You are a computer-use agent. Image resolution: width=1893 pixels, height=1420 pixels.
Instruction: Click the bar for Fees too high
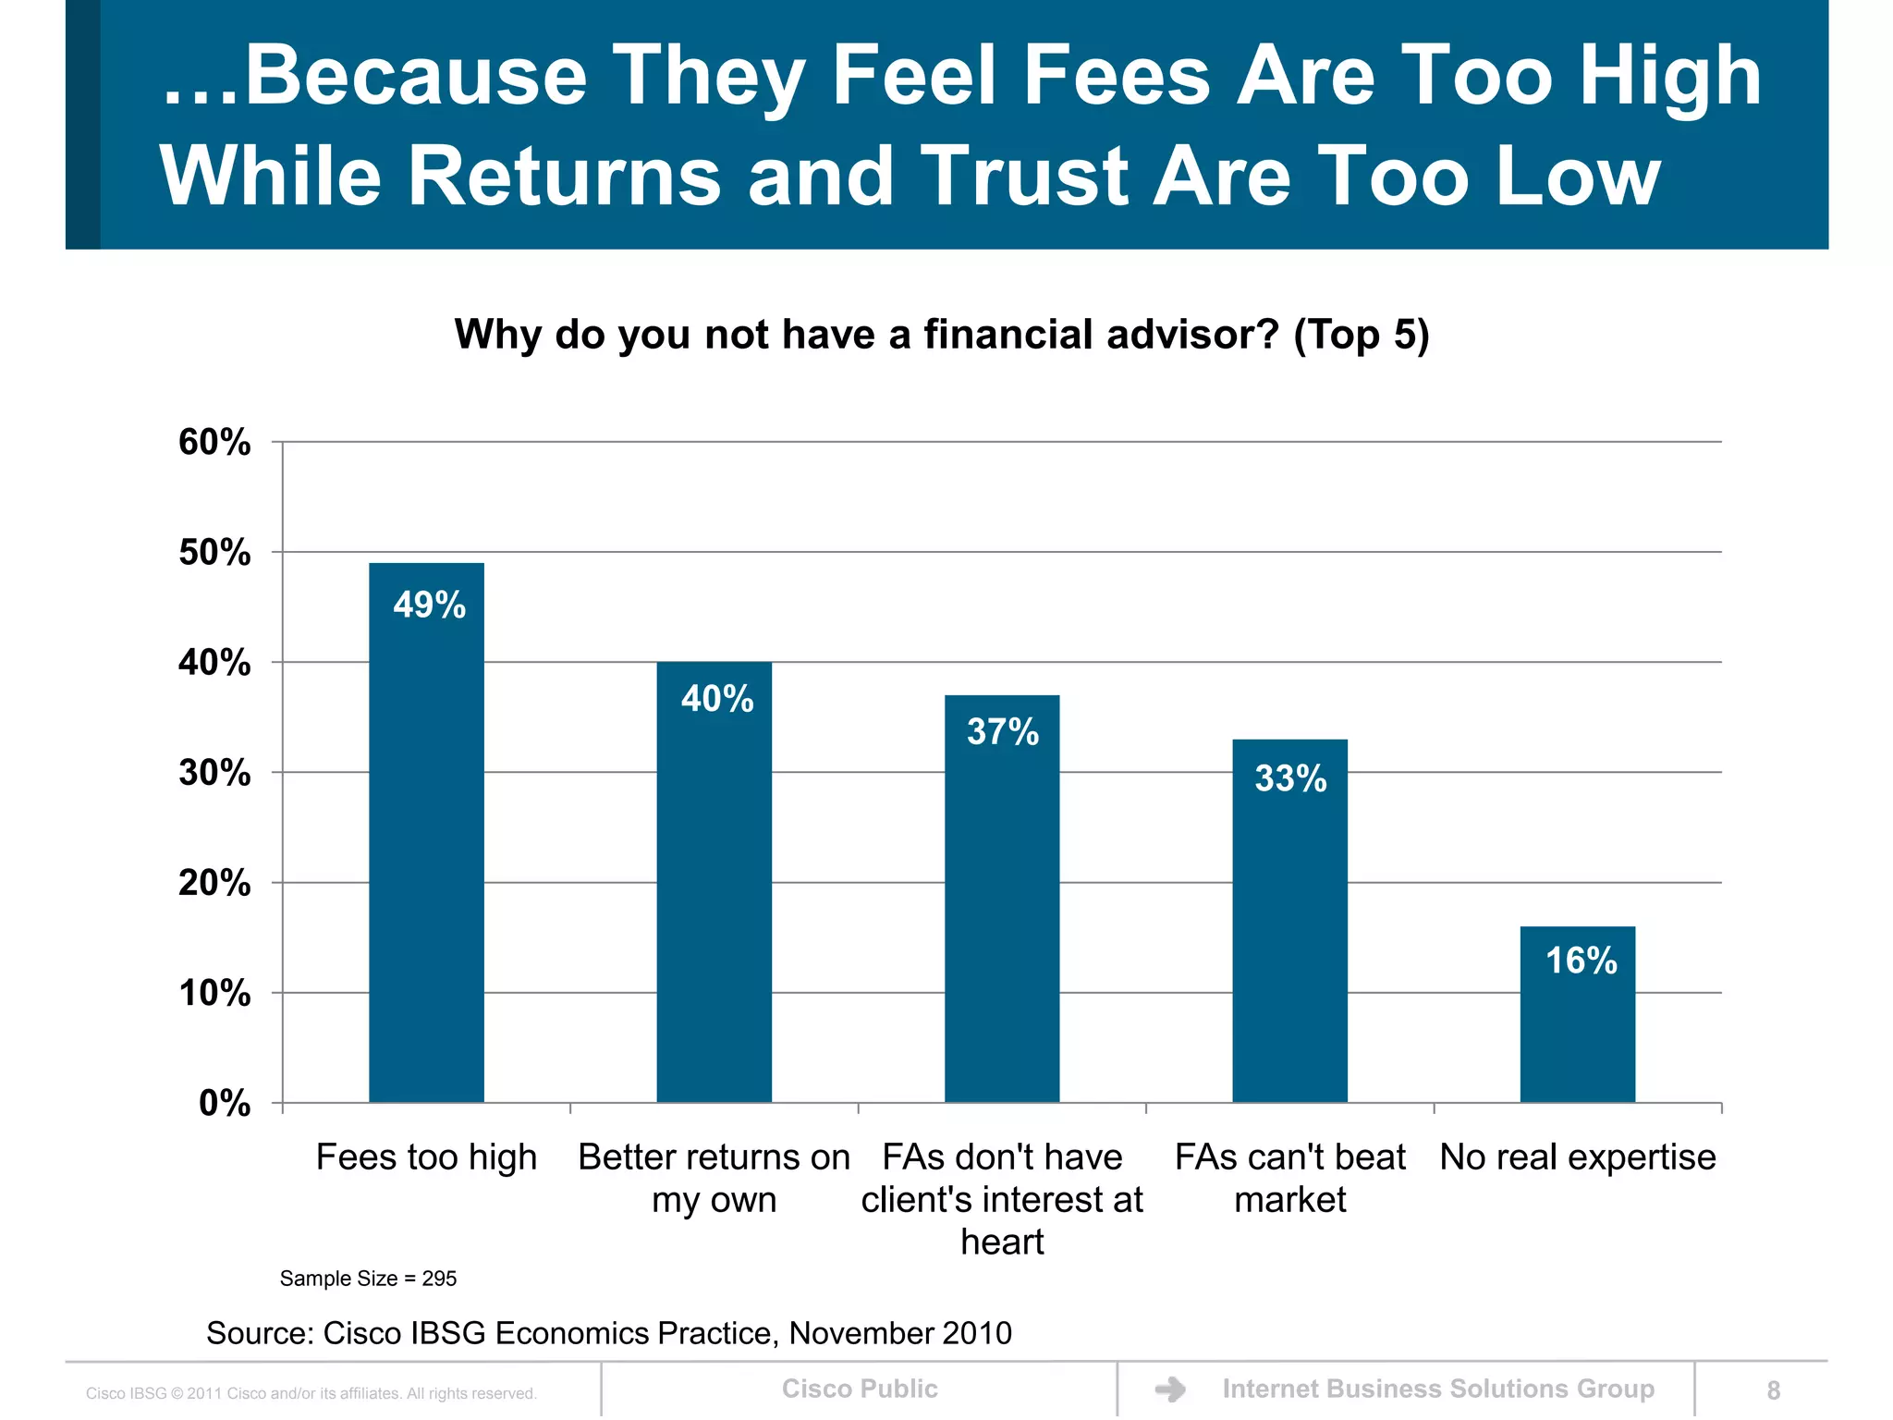pos(426,832)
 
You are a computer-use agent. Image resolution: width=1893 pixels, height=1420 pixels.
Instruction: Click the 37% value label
pos(1002,732)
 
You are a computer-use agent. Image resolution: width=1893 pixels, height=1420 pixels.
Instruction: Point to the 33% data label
pos(1290,778)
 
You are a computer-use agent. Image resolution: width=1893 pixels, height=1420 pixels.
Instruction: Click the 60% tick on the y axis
pos(214,443)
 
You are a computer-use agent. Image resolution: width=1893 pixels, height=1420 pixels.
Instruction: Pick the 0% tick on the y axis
pos(225,1104)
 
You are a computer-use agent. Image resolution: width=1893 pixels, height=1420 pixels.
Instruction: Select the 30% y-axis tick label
pos(214,773)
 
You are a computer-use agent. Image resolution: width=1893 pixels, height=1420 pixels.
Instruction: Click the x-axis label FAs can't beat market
pos(1289,1178)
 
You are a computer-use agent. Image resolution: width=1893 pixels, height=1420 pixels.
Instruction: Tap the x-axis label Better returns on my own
pos(714,1178)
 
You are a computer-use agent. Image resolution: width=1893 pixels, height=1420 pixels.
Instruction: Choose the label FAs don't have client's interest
pos(1002,1198)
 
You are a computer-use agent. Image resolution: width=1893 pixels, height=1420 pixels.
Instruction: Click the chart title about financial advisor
pos(941,335)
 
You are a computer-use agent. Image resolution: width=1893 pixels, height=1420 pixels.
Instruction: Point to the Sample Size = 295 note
pos(368,1279)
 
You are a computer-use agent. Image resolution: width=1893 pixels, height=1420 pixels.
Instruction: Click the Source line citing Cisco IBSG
pos(608,1333)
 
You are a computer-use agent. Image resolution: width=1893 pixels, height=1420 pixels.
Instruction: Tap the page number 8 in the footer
pos(1773,1390)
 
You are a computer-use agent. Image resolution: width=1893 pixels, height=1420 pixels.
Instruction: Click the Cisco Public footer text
pos(859,1389)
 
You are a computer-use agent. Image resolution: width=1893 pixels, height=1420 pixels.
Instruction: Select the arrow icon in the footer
pos(1170,1389)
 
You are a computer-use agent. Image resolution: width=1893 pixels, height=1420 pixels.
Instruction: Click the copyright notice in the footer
pos(311,1393)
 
